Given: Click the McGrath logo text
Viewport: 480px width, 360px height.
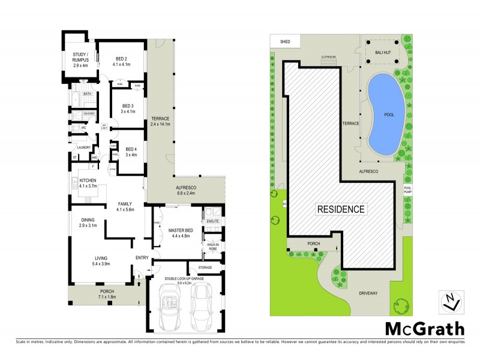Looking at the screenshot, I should (424, 328).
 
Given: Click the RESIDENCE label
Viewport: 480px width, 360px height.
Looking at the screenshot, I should (340, 209).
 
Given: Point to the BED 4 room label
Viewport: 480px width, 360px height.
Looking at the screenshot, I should (131, 151).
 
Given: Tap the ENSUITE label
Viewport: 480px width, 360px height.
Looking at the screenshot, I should (213, 221).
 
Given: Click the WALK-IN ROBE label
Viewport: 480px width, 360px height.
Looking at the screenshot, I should (213, 245).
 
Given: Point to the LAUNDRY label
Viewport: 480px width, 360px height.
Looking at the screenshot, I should (83, 148).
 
